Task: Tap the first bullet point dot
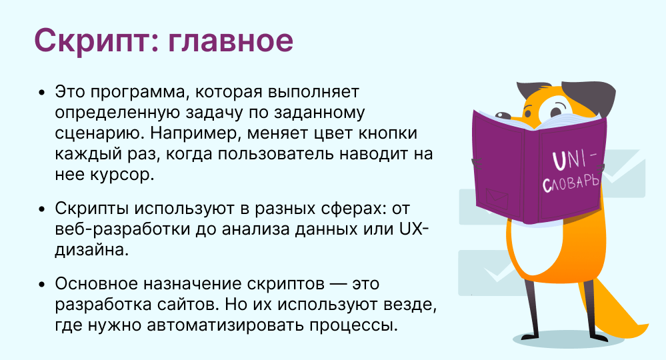pyautogui.click(x=41, y=93)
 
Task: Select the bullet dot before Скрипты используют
pyautogui.click(x=41, y=209)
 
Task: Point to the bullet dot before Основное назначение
pyautogui.click(x=41, y=284)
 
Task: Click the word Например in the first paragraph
pyautogui.click(x=196, y=133)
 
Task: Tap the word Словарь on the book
pyautogui.click(x=571, y=183)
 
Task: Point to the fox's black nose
pyautogui.click(x=504, y=115)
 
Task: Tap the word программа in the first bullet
pyautogui.click(x=139, y=93)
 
